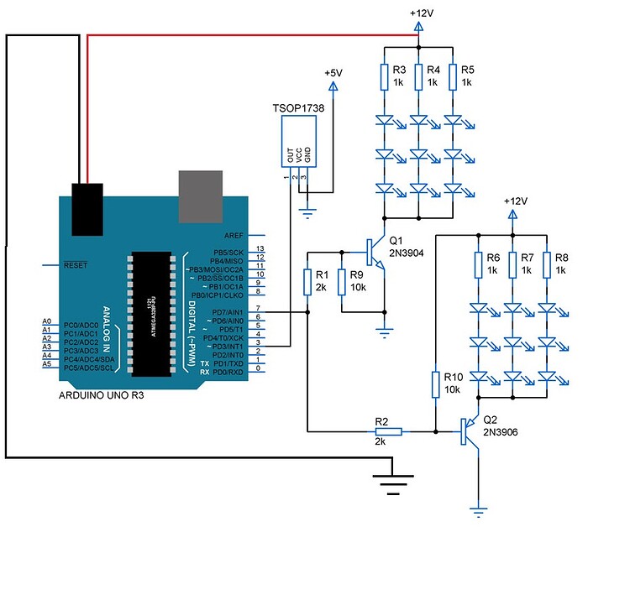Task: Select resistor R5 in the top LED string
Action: click(454, 76)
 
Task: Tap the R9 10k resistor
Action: click(342, 282)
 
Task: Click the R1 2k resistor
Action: click(308, 282)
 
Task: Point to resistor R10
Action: click(436, 384)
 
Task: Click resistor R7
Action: click(512, 264)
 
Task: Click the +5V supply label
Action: click(333, 74)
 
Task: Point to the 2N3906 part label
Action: click(501, 432)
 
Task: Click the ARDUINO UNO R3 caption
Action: click(102, 394)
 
